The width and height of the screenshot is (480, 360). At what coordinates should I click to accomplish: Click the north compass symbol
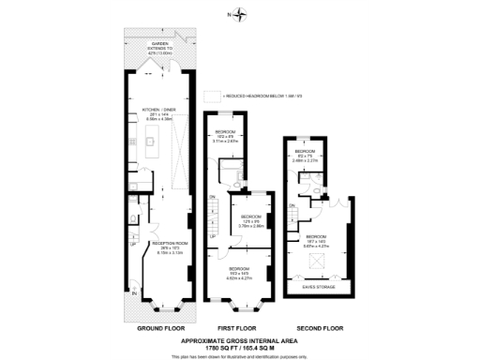[x=241, y=14]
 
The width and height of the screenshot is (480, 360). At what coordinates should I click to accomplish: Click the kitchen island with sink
[x=149, y=146]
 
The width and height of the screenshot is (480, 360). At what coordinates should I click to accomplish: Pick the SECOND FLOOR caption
[x=319, y=329]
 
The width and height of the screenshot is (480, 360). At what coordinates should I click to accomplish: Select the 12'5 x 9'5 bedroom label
[x=249, y=223]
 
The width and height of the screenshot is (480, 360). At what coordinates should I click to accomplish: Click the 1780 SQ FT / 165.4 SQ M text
[x=239, y=348]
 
